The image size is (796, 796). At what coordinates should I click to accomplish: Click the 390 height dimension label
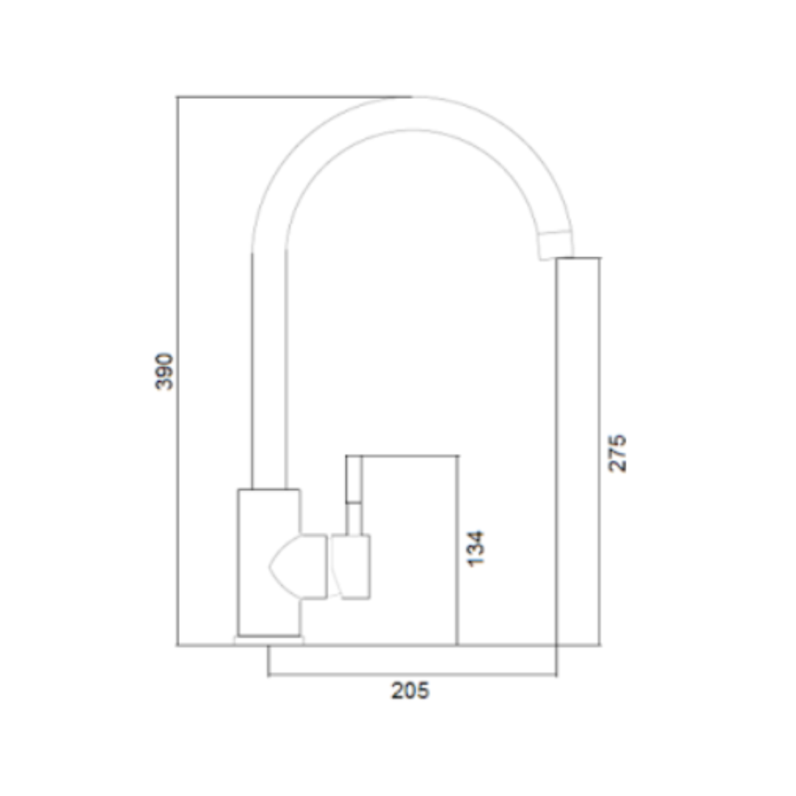coord(164,371)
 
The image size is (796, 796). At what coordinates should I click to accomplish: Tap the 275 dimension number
coord(618,453)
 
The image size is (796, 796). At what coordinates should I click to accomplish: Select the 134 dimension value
coord(475,549)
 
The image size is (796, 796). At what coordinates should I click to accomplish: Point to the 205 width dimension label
coord(411,691)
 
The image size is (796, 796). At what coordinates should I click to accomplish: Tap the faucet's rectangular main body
coord(269,562)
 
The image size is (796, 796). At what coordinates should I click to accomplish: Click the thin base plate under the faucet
coord(269,640)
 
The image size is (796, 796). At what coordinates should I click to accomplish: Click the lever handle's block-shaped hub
coord(352,567)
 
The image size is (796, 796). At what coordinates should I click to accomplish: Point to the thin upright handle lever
coord(354,495)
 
